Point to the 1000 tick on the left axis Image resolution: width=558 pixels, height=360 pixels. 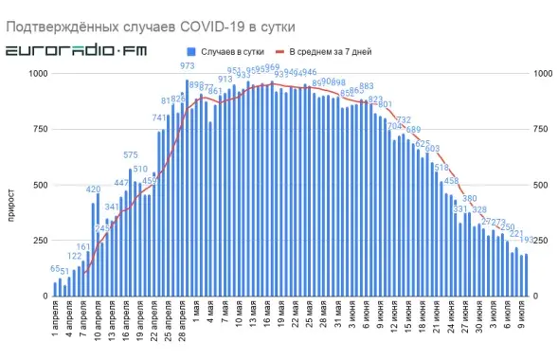pos(38,74)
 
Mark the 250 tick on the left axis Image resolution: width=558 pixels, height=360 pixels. pos(41,241)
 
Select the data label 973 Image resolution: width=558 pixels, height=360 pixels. pos(188,66)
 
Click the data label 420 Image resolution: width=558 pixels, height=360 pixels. pos(93,189)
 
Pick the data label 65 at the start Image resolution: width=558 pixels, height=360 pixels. pos(55,270)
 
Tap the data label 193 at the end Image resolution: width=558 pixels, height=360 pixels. pos(527,241)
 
